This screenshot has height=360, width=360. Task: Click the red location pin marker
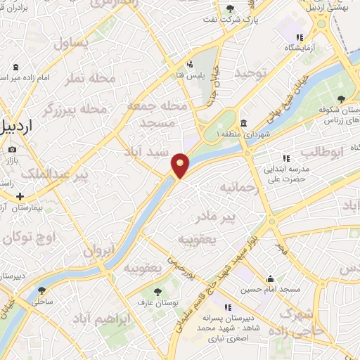click(x=181, y=165)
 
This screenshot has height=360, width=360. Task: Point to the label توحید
click(x=251, y=73)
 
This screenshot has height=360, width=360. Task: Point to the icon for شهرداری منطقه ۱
click(x=243, y=123)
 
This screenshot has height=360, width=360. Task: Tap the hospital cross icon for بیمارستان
click(x=20, y=197)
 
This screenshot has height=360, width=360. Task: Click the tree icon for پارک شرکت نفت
click(x=231, y=8)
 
